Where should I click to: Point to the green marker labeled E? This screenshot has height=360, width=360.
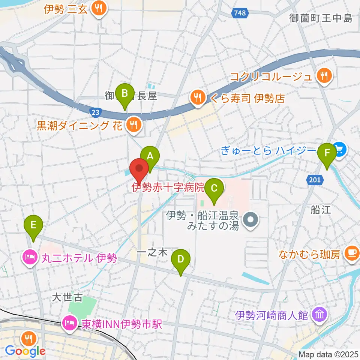[33, 225]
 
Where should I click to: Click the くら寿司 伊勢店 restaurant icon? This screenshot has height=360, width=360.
[197, 98]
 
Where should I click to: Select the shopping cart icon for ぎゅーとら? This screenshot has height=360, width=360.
[339, 150]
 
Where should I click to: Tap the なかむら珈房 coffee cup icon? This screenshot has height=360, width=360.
[351, 254]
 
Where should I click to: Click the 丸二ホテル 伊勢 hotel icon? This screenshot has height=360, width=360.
[30, 257]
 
